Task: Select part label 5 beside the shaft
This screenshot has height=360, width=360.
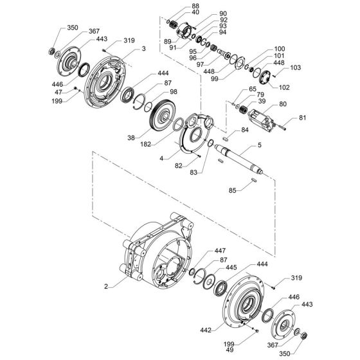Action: click(x=242, y=145)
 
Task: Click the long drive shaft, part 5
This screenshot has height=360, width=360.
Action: click(x=238, y=161)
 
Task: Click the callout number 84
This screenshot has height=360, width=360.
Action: click(x=244, y=130)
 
